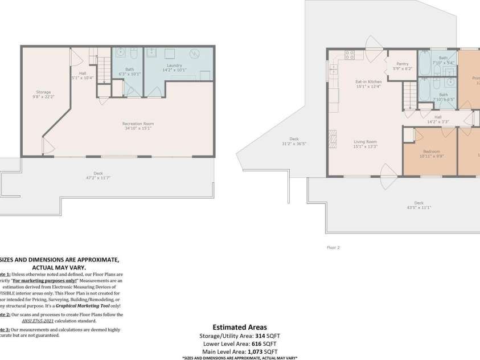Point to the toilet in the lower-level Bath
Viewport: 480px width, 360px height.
click(133, 53)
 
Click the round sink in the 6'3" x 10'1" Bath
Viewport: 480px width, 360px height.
click(120, 53)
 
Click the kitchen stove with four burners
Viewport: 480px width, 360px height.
click(350, 55)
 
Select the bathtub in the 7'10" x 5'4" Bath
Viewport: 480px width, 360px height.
click(425, 64)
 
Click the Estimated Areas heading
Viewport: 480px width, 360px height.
click(239, 328)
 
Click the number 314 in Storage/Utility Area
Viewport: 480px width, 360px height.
click(261, 336)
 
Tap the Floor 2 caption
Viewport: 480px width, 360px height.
click(333, 248)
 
